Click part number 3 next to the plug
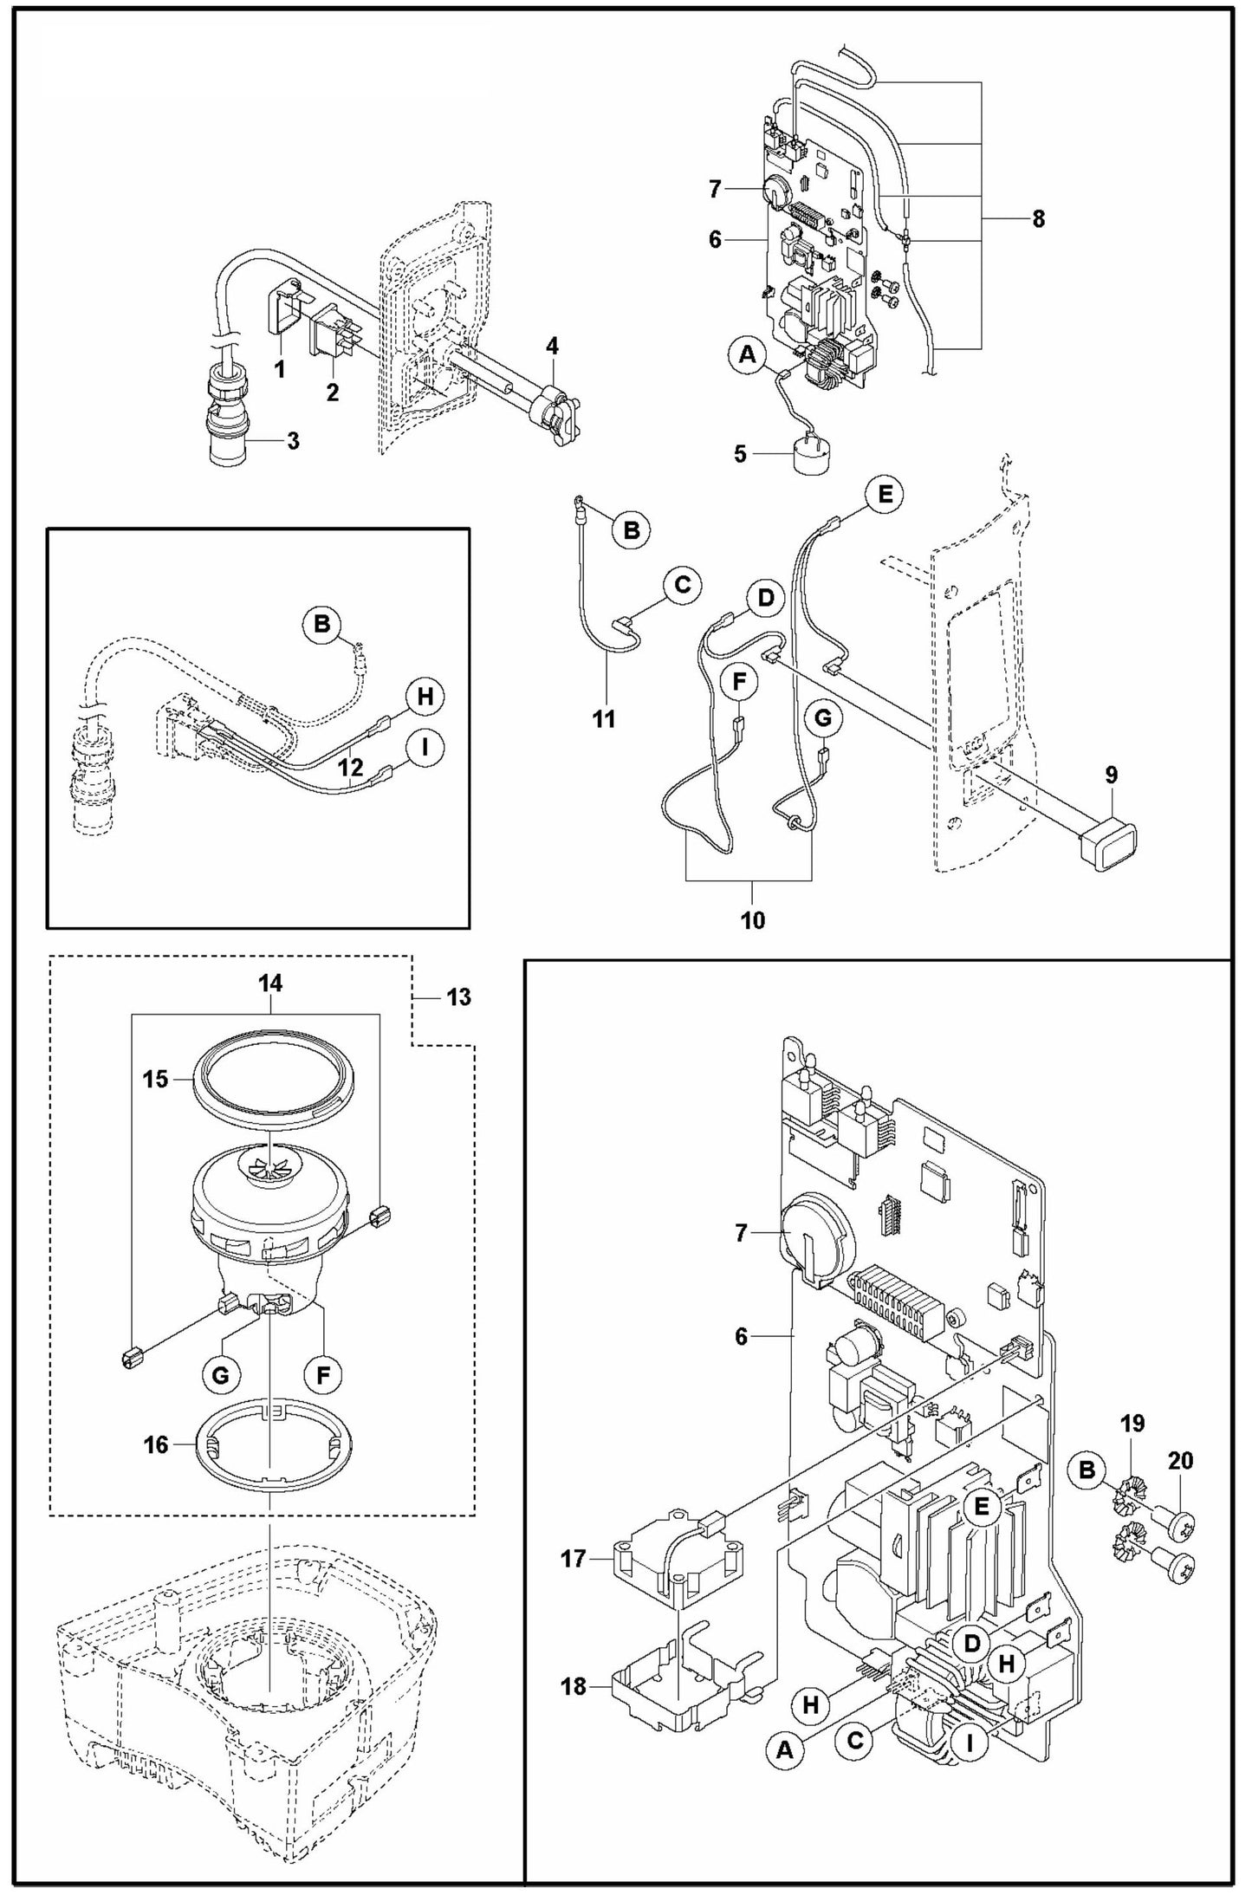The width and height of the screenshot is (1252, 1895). click(293, 441)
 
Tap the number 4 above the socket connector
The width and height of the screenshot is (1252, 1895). click(552, 346)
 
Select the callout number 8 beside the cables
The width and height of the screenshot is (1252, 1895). click(1038, 219)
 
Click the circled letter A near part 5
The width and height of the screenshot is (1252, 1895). click(748, 354)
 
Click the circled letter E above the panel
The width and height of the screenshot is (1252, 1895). click(884, 495)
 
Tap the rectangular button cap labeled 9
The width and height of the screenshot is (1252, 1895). click(1108, 843)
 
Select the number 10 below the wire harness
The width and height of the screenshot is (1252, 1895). click(752, 920)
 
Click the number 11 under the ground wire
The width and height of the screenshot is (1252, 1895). click(604, 718)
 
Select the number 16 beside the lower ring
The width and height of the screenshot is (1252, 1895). click(156, 1445)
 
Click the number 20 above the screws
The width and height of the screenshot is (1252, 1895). click(1180, 1460)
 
